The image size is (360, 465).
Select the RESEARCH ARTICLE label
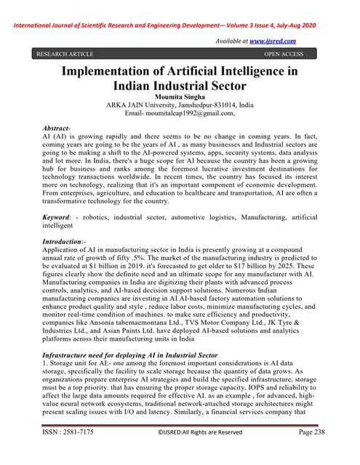point(65,54)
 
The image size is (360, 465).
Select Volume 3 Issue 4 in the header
point(263,12)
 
